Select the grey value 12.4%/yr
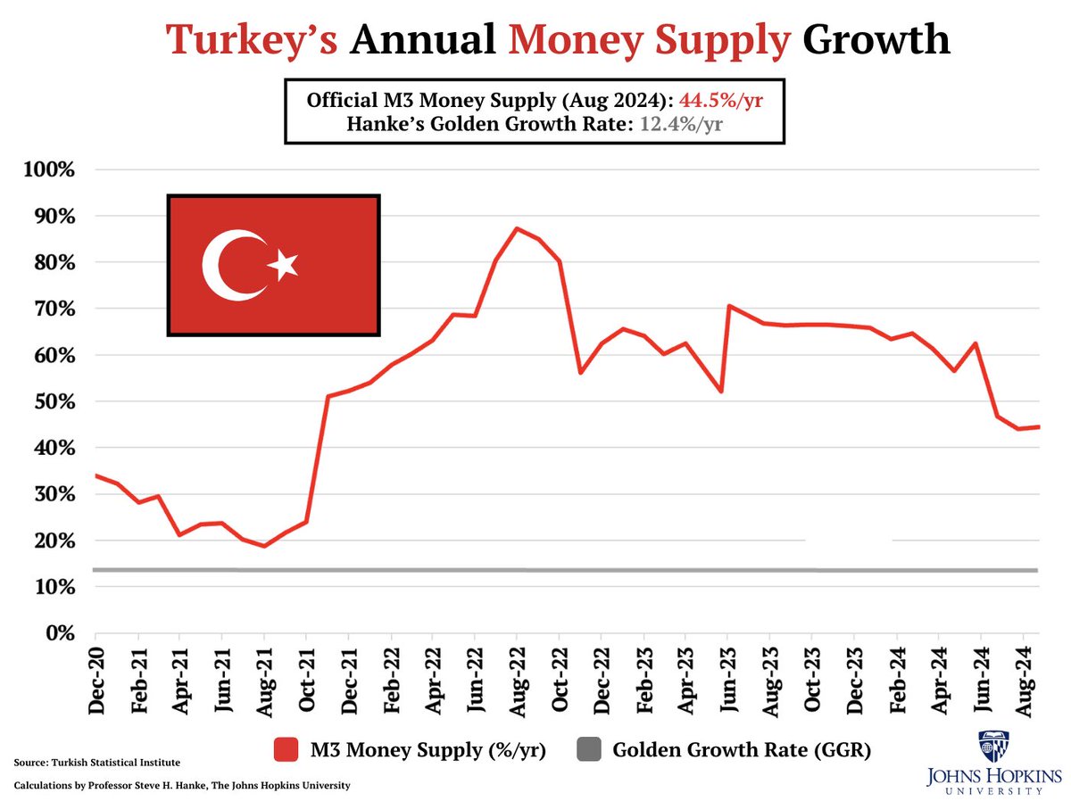(x=681, y=126)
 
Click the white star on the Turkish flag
(x=285, y=264)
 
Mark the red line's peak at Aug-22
(x=517, y=228)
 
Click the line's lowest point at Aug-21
(x=264, y=546)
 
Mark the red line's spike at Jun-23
(x=729, y=306)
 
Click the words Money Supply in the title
(x=650, y=40)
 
